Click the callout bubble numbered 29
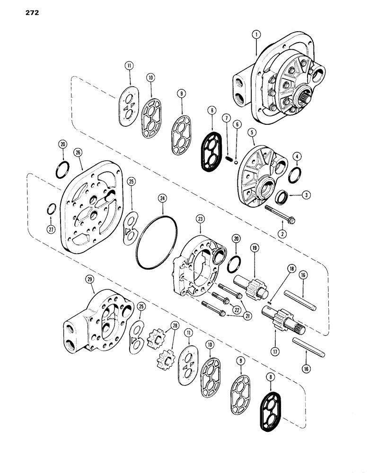coord(89,280)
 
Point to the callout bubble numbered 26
coord(78,152)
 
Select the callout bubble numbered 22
coord(234,310)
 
